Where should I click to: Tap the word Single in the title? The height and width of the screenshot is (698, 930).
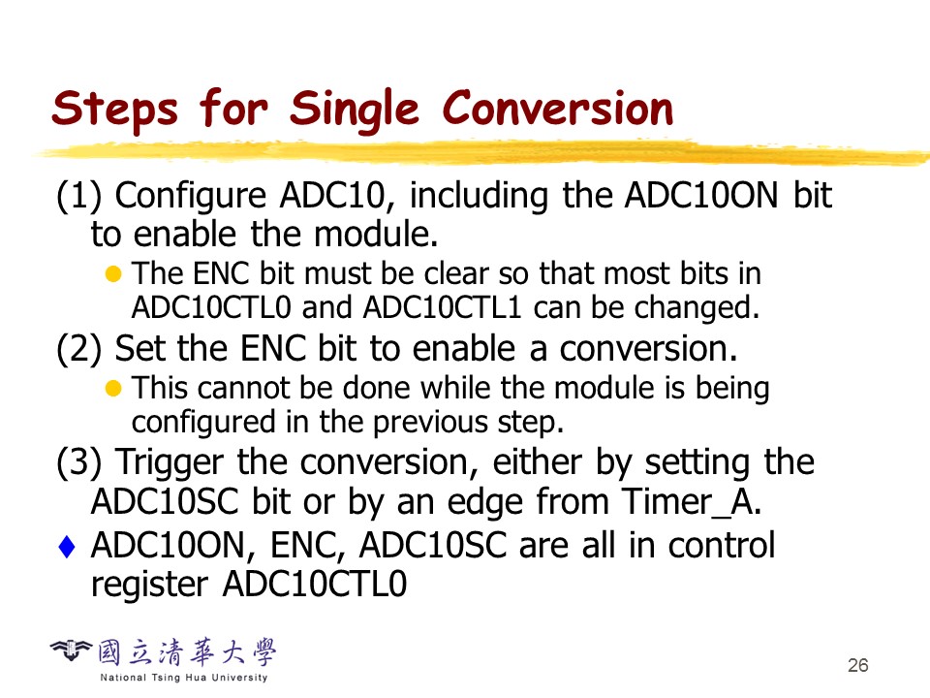point(355,111)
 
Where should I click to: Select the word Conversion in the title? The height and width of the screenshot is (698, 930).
point(558,108)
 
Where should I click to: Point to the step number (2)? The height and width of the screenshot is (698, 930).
point(78,348)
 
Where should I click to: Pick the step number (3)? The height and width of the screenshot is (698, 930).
point(78,462)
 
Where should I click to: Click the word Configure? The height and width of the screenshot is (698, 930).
point(191,197)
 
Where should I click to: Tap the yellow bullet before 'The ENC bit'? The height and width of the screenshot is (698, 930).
point(113,274)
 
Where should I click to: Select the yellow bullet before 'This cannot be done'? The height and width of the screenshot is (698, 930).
point(113,389)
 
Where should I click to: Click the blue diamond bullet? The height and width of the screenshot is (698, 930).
point(67,547)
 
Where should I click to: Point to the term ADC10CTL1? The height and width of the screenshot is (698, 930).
point(442,308)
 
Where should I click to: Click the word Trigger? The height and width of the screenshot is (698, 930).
point(169,463)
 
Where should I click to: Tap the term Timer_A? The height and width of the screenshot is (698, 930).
point(691,502)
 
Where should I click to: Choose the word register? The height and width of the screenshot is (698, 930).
point(149,586)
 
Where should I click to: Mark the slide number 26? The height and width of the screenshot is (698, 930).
point(858,665)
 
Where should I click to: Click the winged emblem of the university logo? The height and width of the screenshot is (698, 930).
point(71,650)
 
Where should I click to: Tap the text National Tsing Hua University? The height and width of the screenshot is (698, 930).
point(184,678)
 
